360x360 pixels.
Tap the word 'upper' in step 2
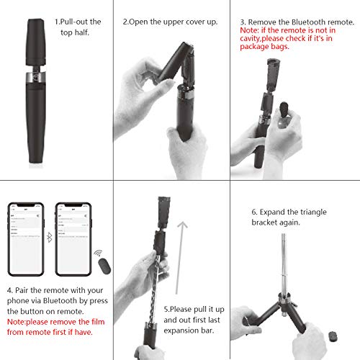(173, 21)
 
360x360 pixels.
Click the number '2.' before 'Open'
(125, 21)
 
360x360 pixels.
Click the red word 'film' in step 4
(97, 321)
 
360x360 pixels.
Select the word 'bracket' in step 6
(266, 224)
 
